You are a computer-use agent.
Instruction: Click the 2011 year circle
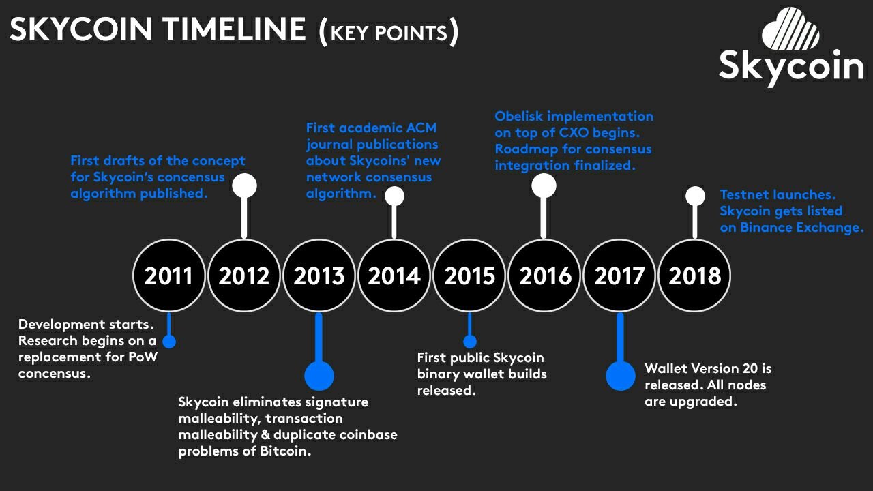(168, 276)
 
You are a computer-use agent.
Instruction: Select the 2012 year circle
(244, 276)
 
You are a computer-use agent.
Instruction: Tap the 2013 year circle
(319, 276)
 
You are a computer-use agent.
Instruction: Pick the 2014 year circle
(394, 276)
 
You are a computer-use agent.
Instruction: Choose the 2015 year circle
(469, 276)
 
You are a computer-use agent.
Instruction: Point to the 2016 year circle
(544, 276)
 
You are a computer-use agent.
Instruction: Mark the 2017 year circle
(620, 276)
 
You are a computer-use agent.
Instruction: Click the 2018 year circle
(694, 276)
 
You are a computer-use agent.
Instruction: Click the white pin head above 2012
(244, 185)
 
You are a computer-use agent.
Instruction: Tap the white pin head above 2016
(544, 185)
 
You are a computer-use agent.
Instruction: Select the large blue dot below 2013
(319, 376)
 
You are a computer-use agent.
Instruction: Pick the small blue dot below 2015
(470, 342)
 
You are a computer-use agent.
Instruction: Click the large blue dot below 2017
(621, 376)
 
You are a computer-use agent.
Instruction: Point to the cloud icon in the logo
(790, 29)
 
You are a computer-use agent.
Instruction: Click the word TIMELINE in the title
(234, 29)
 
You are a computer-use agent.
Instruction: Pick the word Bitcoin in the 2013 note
(285, 451)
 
